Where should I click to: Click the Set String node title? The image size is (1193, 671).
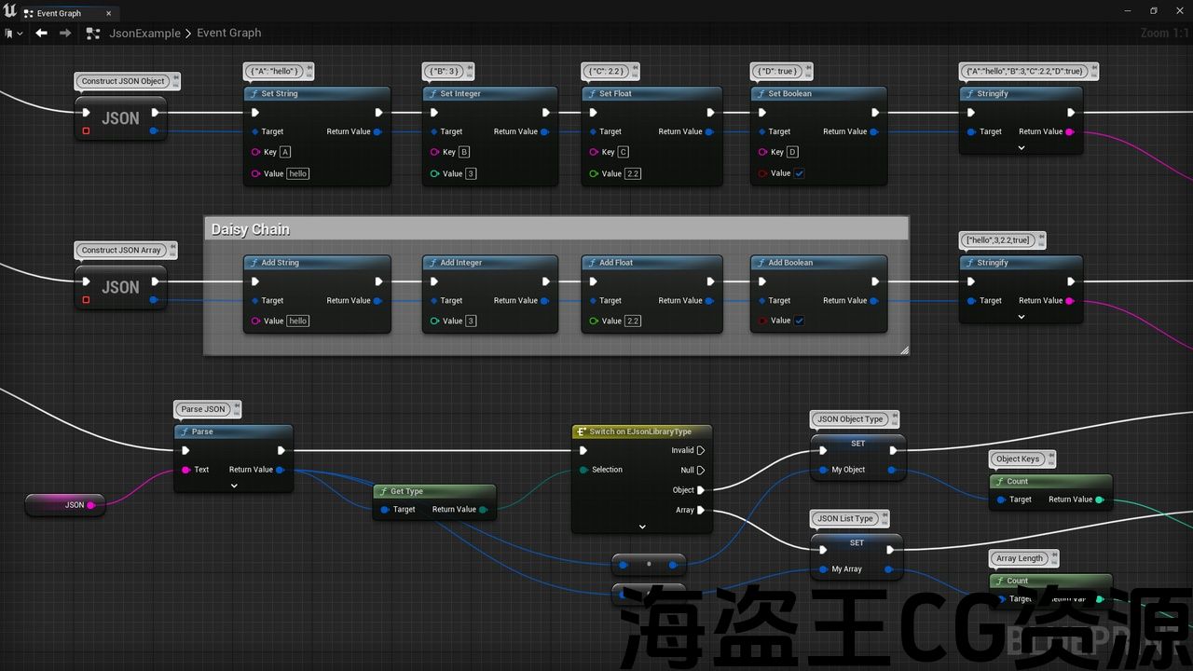pyautogui.click(x=279, y=93)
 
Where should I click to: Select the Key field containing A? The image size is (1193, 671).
pyautogui.click(x=285, y=152)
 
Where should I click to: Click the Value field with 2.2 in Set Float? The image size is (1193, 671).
pyautogui.click(x=633, y=173)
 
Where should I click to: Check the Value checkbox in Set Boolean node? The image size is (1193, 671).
pyautogui.click(x=799, y=173)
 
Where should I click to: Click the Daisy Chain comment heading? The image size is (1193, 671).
pyautogui.click(x=251, y=229)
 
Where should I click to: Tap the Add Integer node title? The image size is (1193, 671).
pyautogui.click(x=460, y=263)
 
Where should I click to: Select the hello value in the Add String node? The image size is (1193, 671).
pyautogui.click(x=297, y=321)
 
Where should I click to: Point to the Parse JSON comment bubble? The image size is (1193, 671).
pyautogui.click(x=203, y=409)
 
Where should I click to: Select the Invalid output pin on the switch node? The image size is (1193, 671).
pyautogui.click(x=701, y=450)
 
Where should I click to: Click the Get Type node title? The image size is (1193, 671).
pyautogui.click(x=406, y=491)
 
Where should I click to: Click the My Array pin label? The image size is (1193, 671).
pyautogui.click(x=846, y=568)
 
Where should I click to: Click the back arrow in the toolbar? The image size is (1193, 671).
pyautogui.click(x=41, y=33)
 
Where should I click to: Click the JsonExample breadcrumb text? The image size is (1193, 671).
pyautogui.click(x=144, y=33)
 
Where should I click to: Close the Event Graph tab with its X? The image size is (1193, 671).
pyautogui.click(x=108, y=13)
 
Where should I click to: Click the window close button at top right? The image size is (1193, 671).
pyautogui.click(x=1179, y=10)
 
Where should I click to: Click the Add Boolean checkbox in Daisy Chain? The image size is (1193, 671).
pyautogui.click(x=799, y=321)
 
